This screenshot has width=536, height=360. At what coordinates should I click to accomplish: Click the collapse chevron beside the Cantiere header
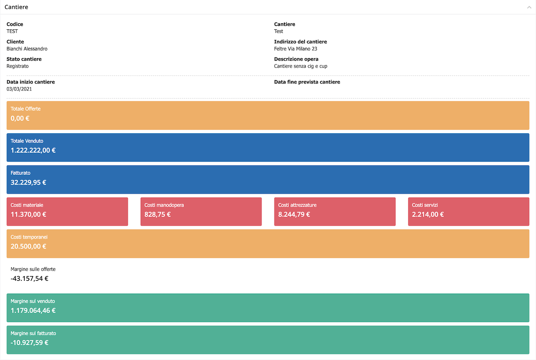point(529,8)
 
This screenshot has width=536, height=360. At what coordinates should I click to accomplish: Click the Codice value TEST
point(12,31)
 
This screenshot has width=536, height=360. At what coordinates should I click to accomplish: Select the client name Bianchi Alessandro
point(27,49)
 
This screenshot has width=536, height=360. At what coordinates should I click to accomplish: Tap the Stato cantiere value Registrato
point(18,66)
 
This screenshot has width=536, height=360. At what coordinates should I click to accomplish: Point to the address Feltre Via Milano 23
point(296,49)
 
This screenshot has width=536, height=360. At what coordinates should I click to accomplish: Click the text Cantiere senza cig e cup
point(301,66)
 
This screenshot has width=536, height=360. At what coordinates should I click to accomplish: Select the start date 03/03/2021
point(19,89)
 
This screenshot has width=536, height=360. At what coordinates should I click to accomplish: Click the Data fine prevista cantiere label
point(307,82)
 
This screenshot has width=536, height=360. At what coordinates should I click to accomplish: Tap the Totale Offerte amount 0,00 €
point(20,118)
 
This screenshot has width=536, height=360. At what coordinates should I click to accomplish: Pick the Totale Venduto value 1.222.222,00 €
point(33,150)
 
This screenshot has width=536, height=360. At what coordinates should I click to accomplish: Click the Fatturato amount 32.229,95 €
point(28,183)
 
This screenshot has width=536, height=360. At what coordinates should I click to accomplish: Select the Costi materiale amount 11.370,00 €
point(28,215)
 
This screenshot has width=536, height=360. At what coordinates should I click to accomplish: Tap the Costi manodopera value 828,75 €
point(157,215)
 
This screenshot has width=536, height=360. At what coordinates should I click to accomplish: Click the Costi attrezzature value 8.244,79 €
point(294,215)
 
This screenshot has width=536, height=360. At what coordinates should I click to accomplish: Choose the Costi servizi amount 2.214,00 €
point(428,215)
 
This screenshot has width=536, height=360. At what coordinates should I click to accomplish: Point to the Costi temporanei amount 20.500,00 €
point(28,246)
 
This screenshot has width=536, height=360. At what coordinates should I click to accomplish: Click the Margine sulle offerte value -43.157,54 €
point(29,279)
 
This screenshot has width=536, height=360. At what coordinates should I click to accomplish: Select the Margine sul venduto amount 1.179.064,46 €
point(33,311)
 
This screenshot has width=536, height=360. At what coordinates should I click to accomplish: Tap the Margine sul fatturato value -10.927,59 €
point(29,343)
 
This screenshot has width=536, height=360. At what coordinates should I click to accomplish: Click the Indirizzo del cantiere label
point(301,41)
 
